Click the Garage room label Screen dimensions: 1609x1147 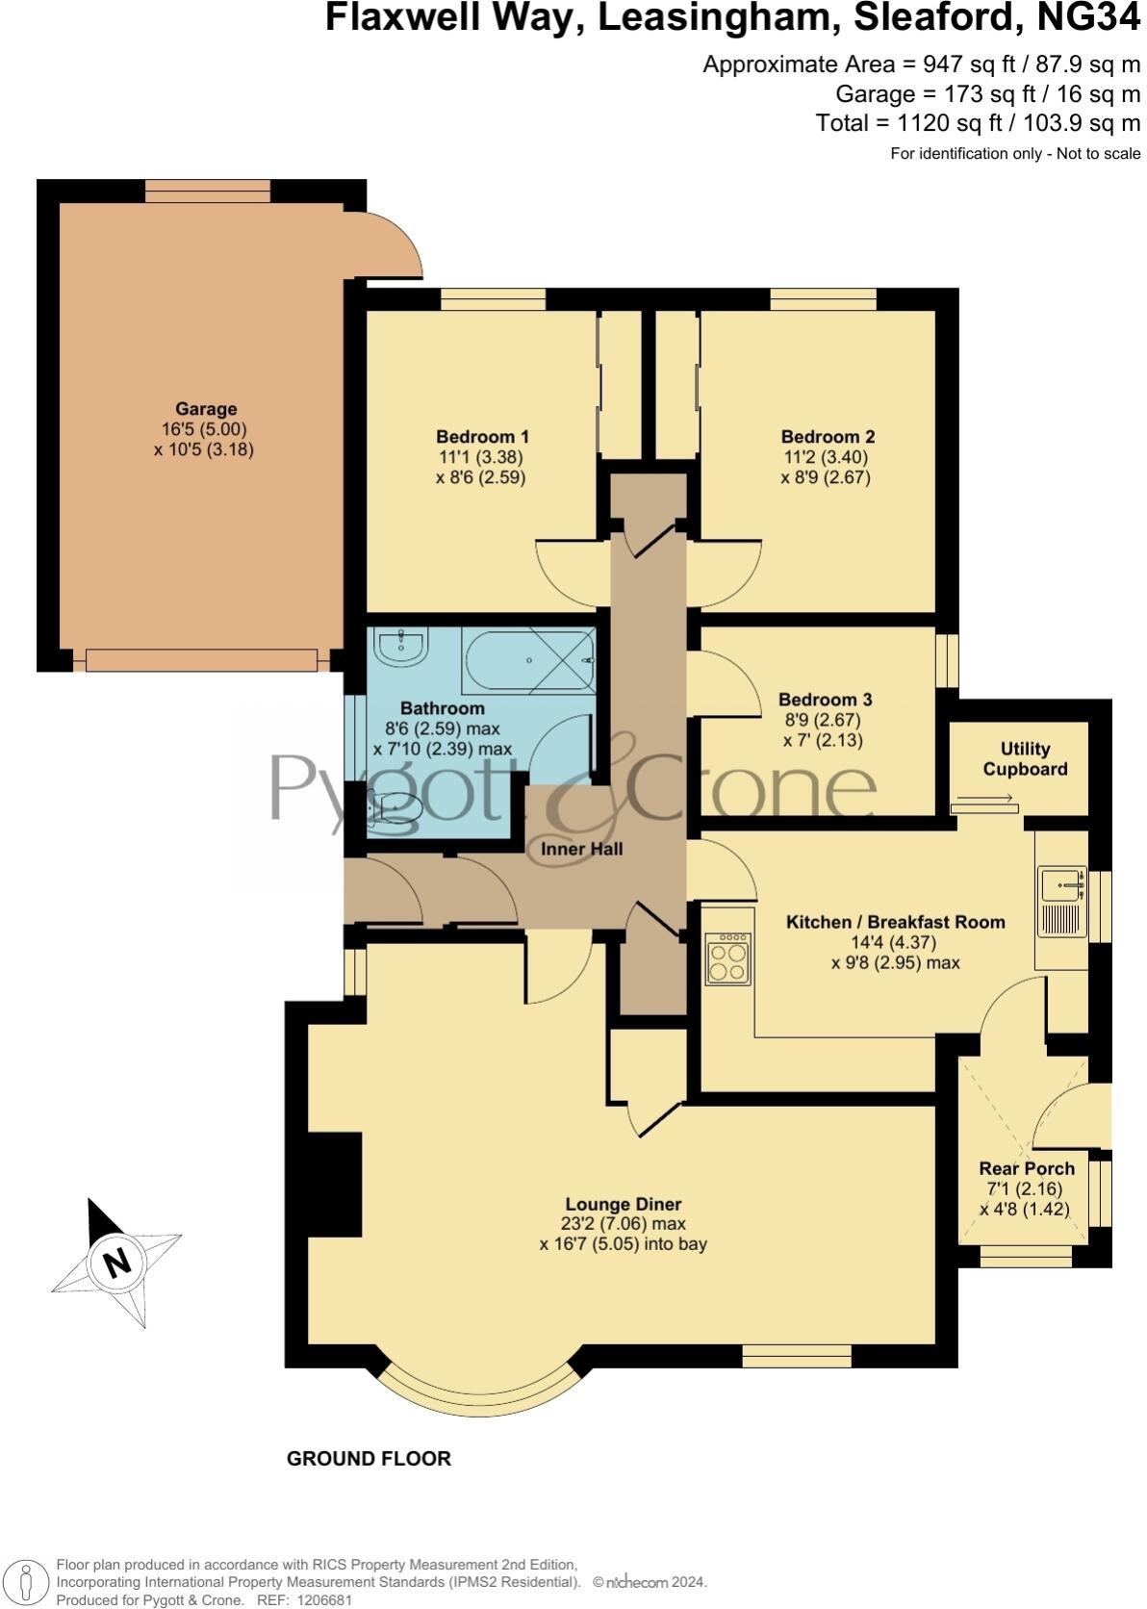(205, 409)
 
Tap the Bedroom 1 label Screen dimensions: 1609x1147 (481, 436)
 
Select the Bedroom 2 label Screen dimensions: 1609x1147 (827, 436)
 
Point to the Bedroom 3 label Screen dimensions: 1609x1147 (825, 700)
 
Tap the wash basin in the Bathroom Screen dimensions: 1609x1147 (401, 648)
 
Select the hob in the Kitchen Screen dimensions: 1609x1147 (728, 958)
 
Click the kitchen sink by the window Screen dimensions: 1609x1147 (1061, 902)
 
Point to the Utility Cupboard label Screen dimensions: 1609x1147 (1025, 758)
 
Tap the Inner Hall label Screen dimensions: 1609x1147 (581, 849)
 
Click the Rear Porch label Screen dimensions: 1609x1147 (1026, 1168)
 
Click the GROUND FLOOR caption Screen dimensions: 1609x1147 (369, 1458)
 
